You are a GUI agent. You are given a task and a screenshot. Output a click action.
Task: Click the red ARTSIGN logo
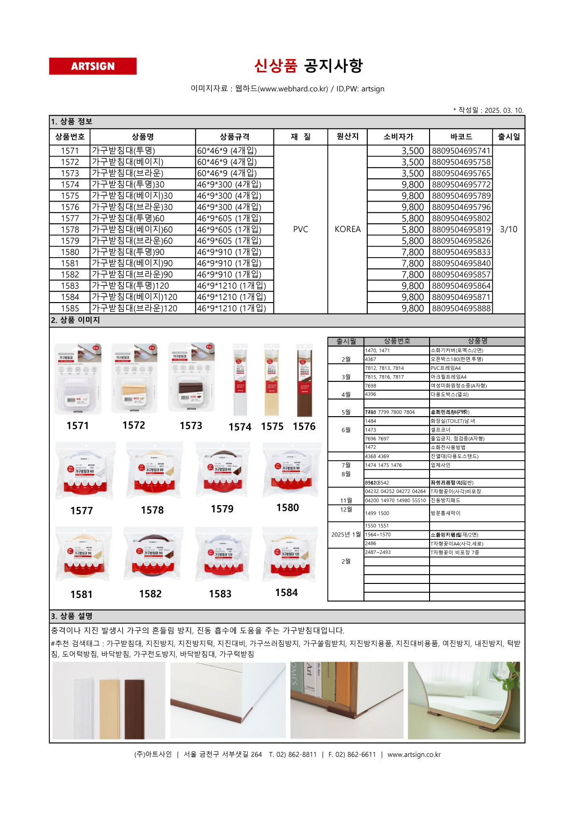pos(93,66)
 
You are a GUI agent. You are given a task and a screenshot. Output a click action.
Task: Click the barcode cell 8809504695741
pos(461,151)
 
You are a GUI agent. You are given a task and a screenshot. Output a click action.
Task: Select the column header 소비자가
pos(398,137)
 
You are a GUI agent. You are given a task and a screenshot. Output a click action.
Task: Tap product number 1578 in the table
pos(70,230)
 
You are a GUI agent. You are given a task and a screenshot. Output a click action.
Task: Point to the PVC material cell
pos(301,229)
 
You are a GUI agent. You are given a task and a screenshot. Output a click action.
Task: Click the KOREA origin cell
pos(347,229)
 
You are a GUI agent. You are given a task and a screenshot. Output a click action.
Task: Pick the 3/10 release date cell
pos(508,229)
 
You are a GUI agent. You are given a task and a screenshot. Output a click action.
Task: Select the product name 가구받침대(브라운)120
pos(135,308)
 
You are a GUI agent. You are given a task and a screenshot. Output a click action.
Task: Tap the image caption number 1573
pos(191,426)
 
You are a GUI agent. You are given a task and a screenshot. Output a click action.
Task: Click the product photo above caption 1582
pos(153,554)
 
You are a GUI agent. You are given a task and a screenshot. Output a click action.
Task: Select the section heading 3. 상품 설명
pos(72,616)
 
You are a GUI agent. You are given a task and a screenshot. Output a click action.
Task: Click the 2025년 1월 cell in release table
pos(346,535)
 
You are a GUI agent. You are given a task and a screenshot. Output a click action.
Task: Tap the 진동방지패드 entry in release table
pos(446,501)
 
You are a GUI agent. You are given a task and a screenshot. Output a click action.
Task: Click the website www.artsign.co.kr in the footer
pos(414,755)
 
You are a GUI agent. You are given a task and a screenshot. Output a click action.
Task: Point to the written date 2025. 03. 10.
pos(503,110)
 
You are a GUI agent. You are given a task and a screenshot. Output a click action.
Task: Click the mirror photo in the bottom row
pos(463,700)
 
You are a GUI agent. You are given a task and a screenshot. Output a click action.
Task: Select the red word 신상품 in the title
pos(275,66)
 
